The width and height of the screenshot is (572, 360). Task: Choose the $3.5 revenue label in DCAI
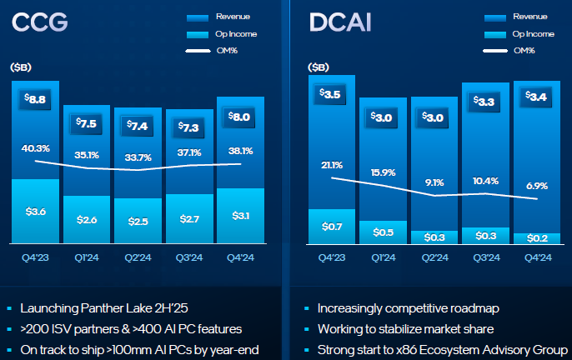(x=331, y=94)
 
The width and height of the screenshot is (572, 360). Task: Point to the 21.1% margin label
(x=331, y=165)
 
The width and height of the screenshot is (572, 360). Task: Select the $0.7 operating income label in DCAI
(x=331, y=226)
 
